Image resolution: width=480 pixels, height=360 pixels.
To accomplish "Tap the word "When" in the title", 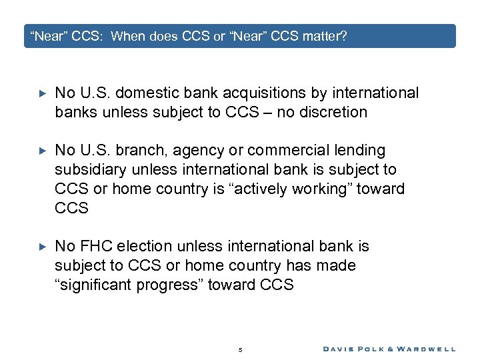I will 127,36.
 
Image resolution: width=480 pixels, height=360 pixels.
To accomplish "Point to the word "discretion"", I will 333,112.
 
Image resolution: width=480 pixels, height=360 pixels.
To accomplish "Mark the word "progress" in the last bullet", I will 175,285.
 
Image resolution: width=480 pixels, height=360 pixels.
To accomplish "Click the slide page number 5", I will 240,349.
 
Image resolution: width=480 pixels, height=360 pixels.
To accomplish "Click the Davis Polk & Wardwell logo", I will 389,349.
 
